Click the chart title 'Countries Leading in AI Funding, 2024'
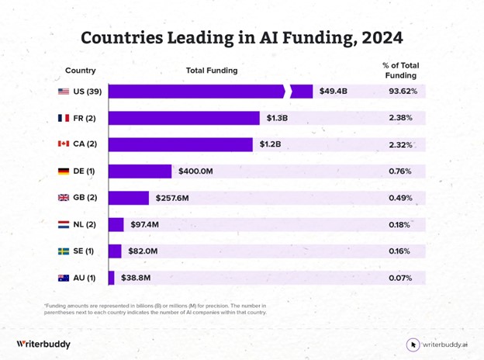tap(242, 37)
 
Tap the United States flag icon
tap(64, 92)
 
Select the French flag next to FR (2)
tap(64, 118)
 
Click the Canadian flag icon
tap(64, 144)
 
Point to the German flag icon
tap(64, 171)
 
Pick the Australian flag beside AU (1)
tap(64, 278)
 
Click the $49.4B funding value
tap(334, 92)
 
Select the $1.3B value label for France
tap(277, 118)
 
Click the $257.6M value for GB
tap(172, 198)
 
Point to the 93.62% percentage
tap(403, 92)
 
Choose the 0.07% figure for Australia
tap(400, 278)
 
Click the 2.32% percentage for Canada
tap(401, 144)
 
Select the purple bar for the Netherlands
tap(116, 224)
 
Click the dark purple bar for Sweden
tap(115, 251)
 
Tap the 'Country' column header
tap(81, 71)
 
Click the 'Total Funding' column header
tap(212, 71)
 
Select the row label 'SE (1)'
tap(84, 251)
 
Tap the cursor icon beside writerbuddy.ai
tap(413, 344)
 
